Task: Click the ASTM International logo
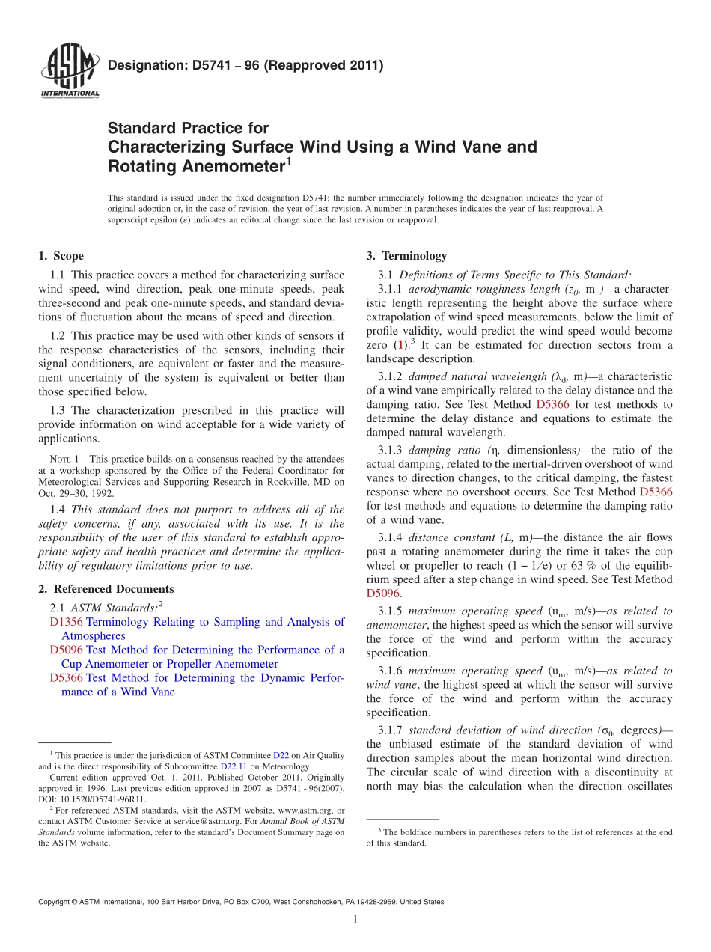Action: [x=69, y=72]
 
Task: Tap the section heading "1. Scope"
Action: [x=61, y=256]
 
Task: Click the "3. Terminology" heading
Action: [x=406, y=256]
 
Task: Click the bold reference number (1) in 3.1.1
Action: [x=401, y=345]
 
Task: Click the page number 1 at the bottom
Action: [x=355, y=920]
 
